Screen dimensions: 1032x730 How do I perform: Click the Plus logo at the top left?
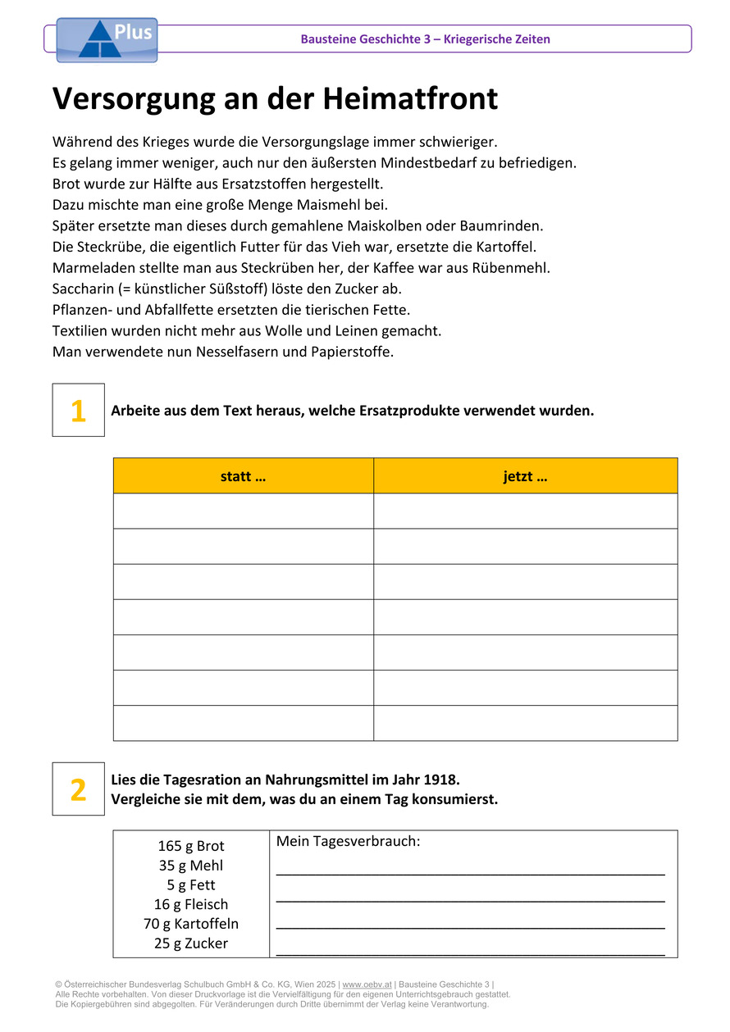pos(107,40)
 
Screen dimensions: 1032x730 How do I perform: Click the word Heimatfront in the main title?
pos(410,99)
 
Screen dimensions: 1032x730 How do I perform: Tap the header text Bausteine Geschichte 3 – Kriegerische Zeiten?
pos(425,39)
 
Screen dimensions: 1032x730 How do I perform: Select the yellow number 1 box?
pos(79,410)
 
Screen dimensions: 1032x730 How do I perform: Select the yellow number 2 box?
pos(79,789)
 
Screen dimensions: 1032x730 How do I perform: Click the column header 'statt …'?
pos(243,476)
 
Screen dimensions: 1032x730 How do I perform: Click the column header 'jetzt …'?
pos(525,476)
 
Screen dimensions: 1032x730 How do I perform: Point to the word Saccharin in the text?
pos(85,289)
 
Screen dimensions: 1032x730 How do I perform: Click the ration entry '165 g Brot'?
pos(191,846)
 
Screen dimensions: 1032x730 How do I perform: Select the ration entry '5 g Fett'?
pos(191,885)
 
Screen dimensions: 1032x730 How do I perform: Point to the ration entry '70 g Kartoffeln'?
pos(191,924)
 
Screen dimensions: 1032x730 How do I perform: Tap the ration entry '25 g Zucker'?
pos(191,943)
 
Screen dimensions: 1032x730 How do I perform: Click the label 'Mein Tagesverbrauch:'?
pos(348,842)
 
